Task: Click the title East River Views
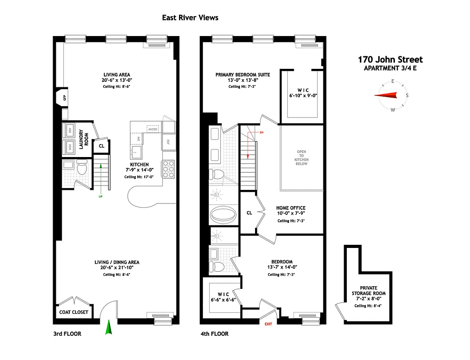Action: coord(190,18)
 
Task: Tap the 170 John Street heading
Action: coord(390,59)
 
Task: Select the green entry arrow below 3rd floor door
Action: coord(108,327)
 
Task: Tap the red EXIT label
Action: coord(268,324)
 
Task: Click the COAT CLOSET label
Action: coord(74,312)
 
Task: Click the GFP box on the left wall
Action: coord(64,98)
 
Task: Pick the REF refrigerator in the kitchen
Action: coord(168,142)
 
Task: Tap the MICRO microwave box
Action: coord(153,129)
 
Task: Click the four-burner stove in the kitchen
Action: coord(168,170)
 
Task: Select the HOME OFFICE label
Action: coord(290,208)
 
